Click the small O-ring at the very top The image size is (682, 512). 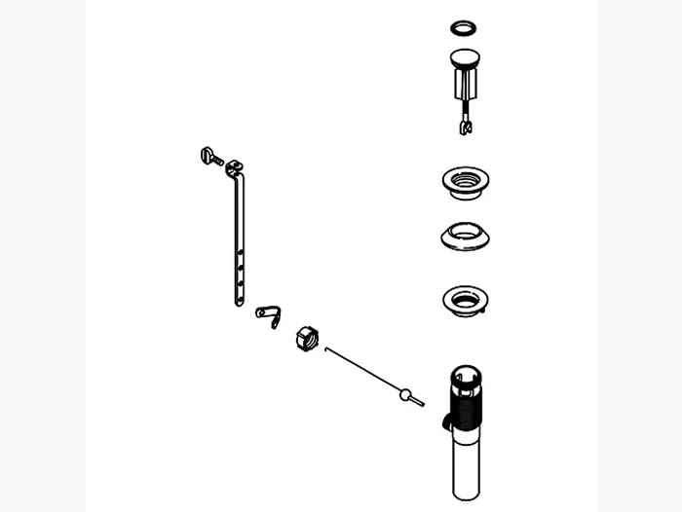coord(466,26)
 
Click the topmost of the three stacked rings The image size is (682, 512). coord(465,180)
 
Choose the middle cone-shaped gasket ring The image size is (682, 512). coord(465,236)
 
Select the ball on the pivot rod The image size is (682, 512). coord(404,394)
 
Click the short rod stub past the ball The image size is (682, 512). coord(417,401)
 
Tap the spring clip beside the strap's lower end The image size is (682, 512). coord(268,313)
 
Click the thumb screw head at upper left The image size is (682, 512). coord(207,154)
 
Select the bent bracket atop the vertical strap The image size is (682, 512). coord(233,169)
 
